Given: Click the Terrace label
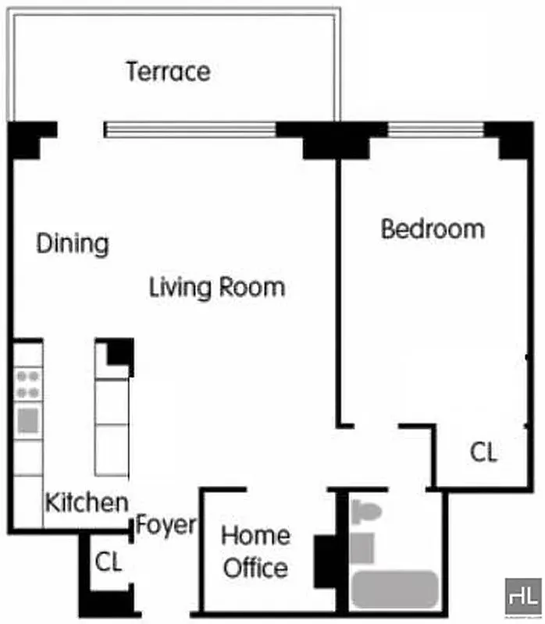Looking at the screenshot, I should click(168, 72).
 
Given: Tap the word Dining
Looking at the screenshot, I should click(73, 243).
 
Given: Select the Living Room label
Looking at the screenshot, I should click(216, 287).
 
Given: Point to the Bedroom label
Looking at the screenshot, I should click(432, 229).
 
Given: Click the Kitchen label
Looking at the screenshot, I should click(86, 502).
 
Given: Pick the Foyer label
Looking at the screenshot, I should click(166, 525).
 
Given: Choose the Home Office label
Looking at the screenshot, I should click(255, 551).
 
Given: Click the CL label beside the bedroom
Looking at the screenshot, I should click(483, 452).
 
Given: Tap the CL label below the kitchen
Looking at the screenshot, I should click(109, 562).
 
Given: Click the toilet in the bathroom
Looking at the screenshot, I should click(365, 512).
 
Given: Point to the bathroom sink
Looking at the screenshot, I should click(362, 546).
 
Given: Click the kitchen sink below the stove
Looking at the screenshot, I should click(28, 420).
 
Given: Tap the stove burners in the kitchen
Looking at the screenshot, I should click(28, 384).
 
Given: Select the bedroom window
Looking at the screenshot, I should click(443, 129).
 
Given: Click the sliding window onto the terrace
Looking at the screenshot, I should click(191, 129).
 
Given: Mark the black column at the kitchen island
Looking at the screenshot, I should click(120, 352).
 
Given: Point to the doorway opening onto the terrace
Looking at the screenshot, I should click(80, 129).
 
